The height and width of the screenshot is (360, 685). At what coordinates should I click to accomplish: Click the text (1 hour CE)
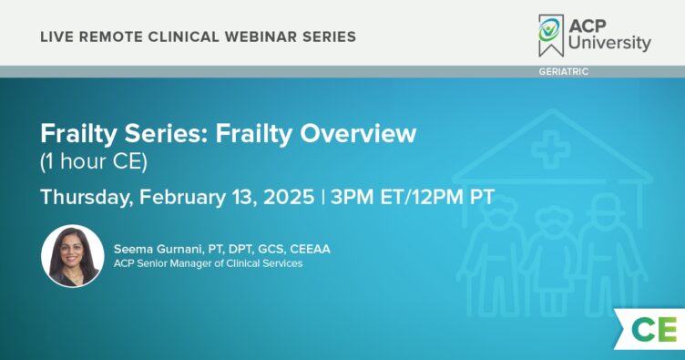click(x=94, y=162)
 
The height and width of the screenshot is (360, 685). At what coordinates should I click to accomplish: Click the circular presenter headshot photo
click(x=73, y=256)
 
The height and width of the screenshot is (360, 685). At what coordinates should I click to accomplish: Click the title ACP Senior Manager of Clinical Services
click(x=208, y=264)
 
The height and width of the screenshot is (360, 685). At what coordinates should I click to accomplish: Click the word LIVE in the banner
click(x=56, y=37)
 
